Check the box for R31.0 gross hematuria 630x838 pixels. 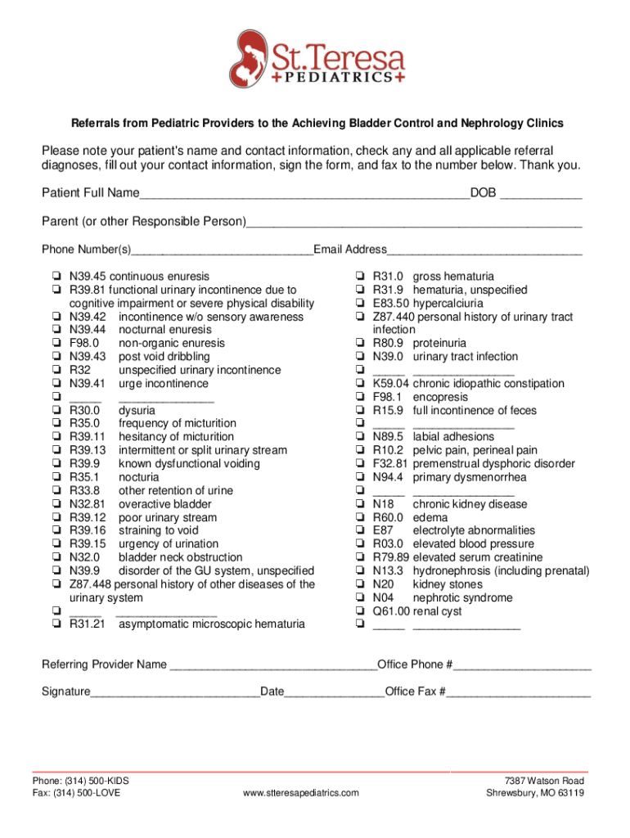pos(359,277)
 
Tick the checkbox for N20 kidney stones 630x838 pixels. pos(359,584)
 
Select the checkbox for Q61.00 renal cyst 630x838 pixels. pos(359,611)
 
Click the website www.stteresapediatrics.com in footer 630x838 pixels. pos(301,794)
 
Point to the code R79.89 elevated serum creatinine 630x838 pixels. pos(390,557)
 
